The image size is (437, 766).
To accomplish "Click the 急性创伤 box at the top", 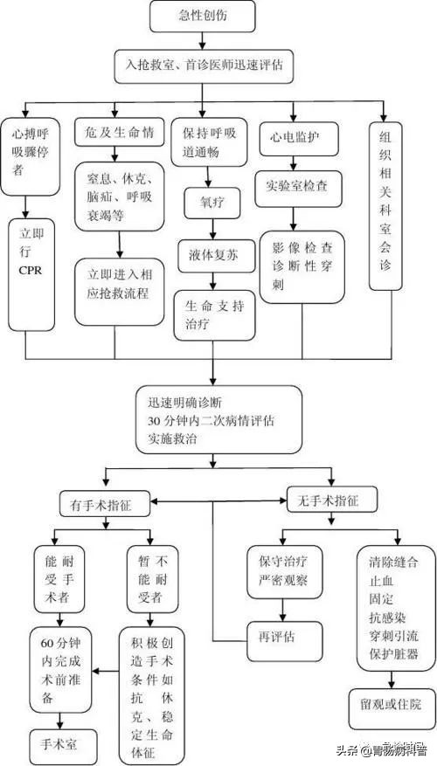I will click(203, 15).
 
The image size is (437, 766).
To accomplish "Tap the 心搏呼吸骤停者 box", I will click(30, 155).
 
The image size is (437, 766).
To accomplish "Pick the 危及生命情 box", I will click(118, 133).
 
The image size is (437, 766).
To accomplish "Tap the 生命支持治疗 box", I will click(213, 314).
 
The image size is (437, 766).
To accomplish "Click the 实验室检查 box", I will click(297, 185).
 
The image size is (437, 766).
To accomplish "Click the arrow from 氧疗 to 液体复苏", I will click(211, 227).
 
